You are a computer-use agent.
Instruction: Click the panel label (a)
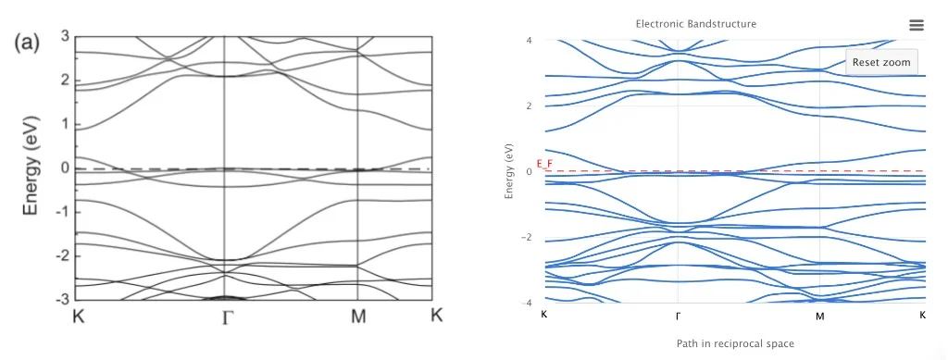click(25, 44)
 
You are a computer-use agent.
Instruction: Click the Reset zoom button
click(881, 62)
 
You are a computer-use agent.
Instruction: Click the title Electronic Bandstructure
click(695, 23)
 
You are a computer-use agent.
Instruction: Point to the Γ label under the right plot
click(679, 316)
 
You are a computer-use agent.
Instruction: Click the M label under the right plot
click(819, 316)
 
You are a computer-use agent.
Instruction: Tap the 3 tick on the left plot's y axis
click(65, 36)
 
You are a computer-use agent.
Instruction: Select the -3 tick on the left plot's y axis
click(62, 299)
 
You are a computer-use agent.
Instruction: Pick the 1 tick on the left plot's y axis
click(65, 124)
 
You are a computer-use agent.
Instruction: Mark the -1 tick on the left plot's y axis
click(62, 211)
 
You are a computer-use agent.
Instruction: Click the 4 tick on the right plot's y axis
click(528, 40)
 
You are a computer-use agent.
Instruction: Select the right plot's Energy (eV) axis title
click(508, 171)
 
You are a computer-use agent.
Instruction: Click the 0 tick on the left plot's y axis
click(65, 168)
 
